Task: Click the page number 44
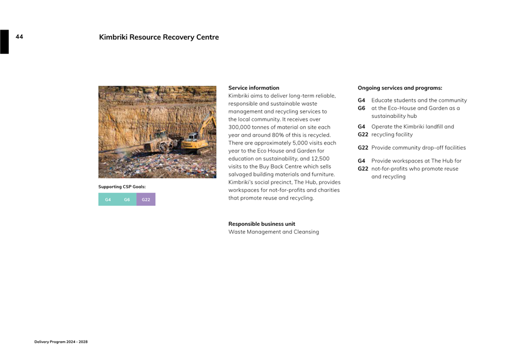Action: click(19, 37)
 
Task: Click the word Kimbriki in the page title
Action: click(114, 37)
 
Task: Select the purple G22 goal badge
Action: click(146, 199)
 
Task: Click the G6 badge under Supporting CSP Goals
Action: click(127, 199)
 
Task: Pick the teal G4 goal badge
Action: click(108, 199)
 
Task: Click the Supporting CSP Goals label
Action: click(122, 186)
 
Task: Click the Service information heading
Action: click(253, 88)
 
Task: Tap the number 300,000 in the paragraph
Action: click(241, 127)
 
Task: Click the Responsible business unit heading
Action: click(261, 224)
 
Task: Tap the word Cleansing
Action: click(305, 231)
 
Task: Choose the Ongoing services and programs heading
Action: click(400, 88)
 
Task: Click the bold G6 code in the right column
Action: click(361, 108)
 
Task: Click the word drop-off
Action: click(434, 147)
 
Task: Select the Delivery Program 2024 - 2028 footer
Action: click(61, 342)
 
